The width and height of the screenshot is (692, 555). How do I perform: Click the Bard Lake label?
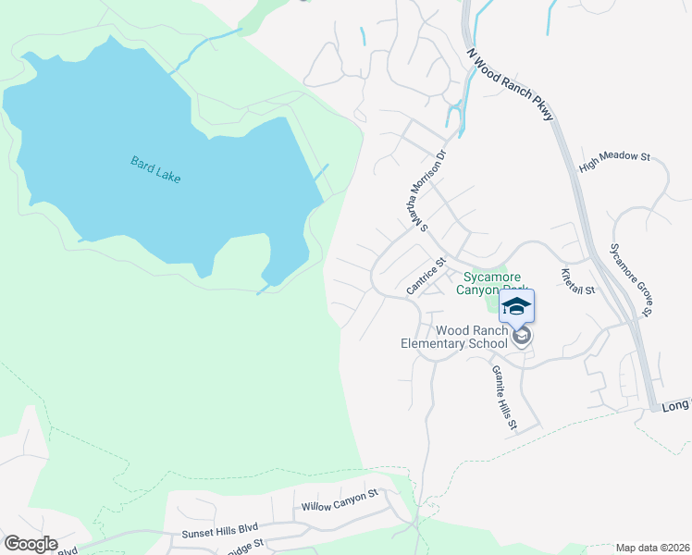pyautogui.click(x=155, y=168)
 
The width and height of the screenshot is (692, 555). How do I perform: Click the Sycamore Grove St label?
pyautogui.click(x=631, y=278)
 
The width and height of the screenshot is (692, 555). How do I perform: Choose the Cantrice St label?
pyautogui.click(x=426, y=277)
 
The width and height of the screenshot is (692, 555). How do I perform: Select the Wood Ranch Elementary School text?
pyautogui.click(x=454, y=337)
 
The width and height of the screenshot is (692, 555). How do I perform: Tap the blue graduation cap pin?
pyautogui.click(x=517, y=307)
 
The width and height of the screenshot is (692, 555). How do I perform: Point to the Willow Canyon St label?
pyautogui.click(x=340, y=500)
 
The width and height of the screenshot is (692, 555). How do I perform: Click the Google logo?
pyautogui.click(x=31, y=544)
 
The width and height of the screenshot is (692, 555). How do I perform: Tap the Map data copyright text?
pyautogui.click(x=651, y=548)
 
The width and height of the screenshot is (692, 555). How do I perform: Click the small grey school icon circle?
pyautogui.click(x=522, y=336)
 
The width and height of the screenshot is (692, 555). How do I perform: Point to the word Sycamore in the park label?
pyautogui.click(x=492, y=277)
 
